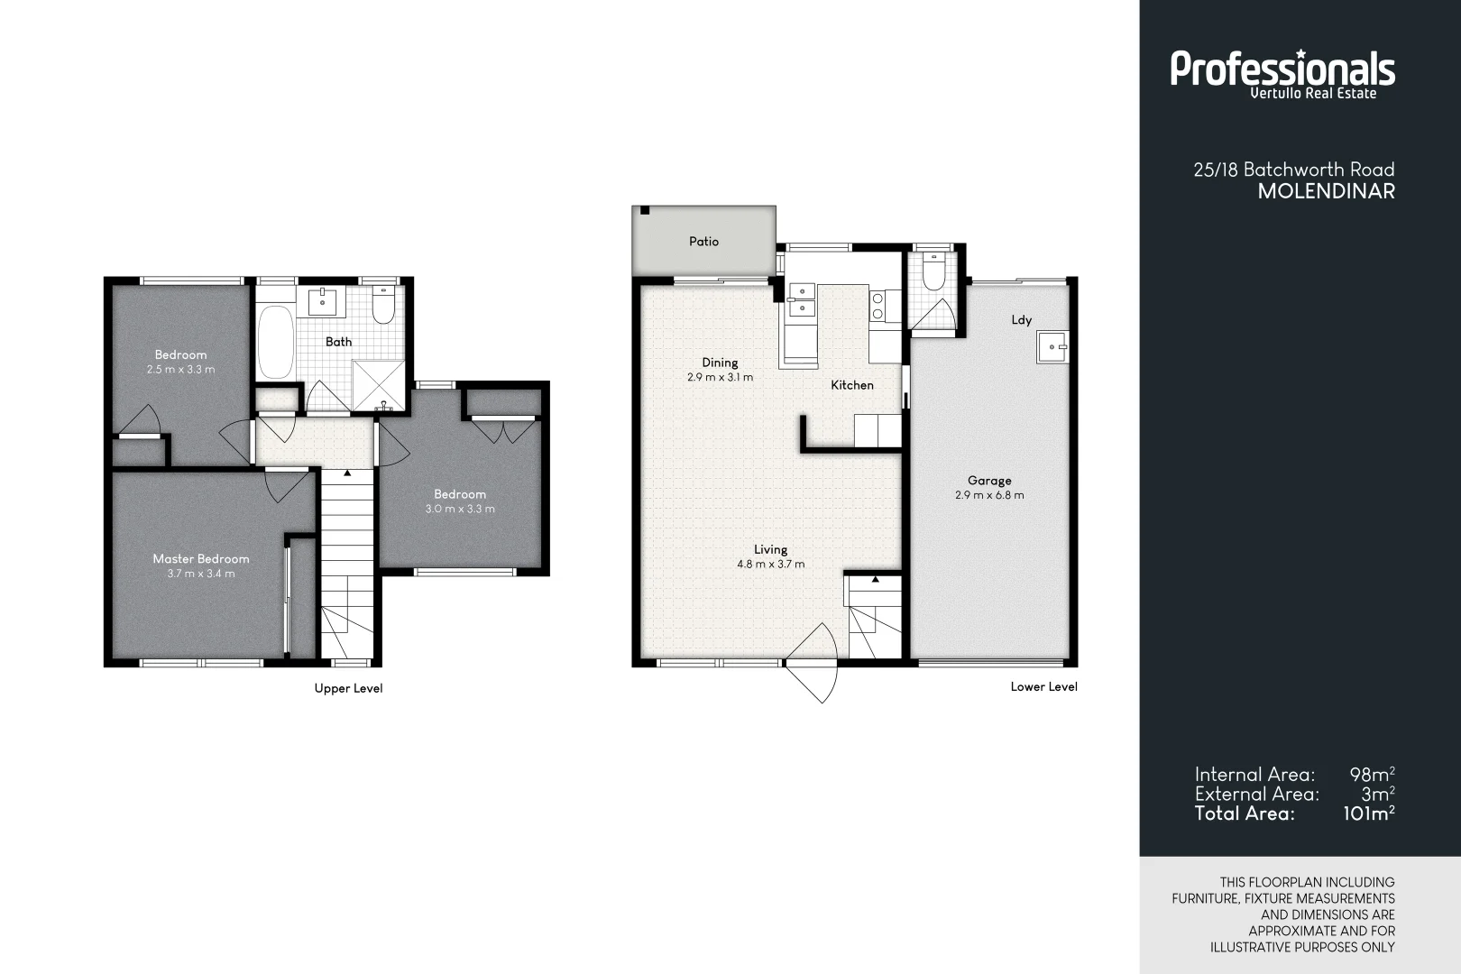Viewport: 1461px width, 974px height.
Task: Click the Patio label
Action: (703, 242)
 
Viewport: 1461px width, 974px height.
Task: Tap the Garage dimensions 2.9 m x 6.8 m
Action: (989, 495)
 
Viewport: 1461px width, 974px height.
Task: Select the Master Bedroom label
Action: (200, 559)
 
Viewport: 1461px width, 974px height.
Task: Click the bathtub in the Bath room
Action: (275, 343)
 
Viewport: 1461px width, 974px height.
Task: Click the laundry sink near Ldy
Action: (1052, 346)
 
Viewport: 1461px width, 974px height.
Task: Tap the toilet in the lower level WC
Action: (933, 273)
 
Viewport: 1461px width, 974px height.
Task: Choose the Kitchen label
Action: (851, 385)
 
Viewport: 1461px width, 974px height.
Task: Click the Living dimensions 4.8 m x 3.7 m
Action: (770, 565)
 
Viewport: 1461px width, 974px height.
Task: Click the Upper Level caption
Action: (348, 688)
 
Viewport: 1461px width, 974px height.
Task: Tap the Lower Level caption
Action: (1043, 686)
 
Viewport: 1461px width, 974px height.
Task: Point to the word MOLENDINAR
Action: (1326, 191)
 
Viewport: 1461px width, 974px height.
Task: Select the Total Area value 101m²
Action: (1368, 813)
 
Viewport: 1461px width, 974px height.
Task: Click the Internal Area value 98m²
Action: (1372, 775)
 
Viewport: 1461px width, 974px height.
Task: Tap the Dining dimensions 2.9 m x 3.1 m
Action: (720, 378)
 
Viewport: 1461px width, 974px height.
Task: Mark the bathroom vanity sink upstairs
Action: (323, 301)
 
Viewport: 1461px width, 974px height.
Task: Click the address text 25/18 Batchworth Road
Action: (1293, 170)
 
